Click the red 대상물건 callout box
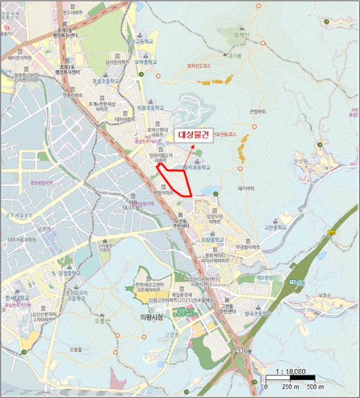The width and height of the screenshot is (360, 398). (194, 135)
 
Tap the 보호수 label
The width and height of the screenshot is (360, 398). (325, 295)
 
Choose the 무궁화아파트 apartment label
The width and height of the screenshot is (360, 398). (247, 247)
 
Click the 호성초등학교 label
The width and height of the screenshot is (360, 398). (106, 81)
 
